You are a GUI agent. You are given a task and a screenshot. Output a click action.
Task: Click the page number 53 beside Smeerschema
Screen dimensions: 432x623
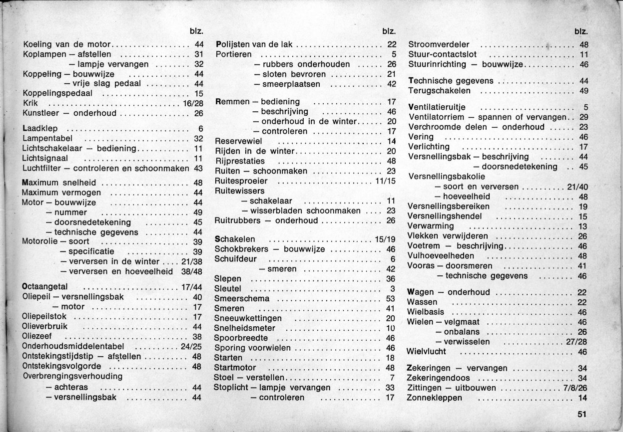coord(391,299)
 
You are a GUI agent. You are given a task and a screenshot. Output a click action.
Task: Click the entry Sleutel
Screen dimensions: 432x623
coord(227,289)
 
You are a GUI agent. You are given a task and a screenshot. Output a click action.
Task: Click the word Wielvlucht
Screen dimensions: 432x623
coord(428,352)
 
